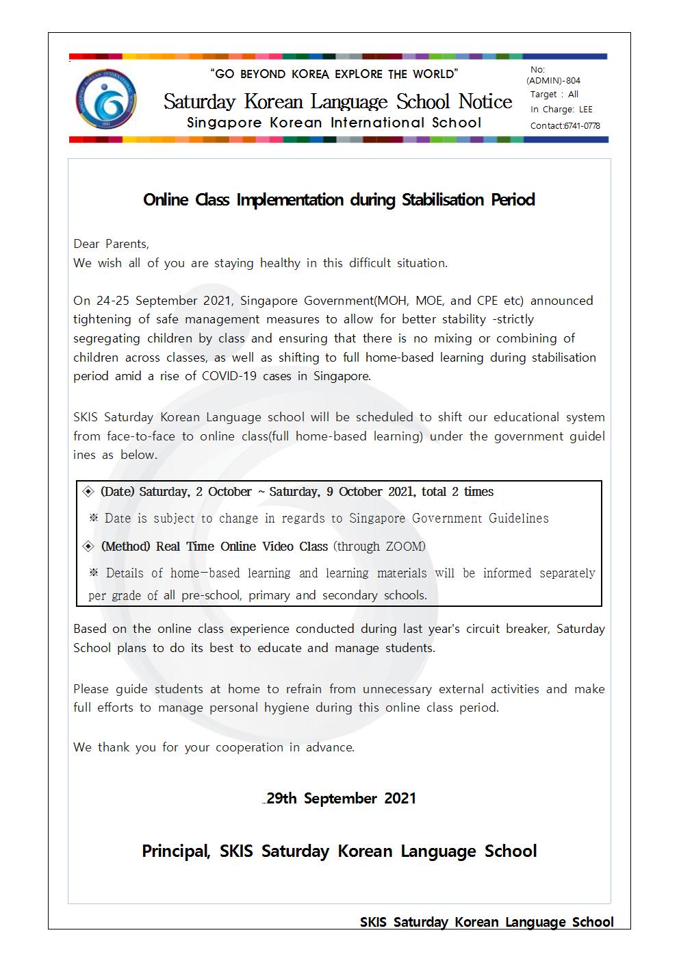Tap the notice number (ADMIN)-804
(x=553, y=81)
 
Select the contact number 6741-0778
(x=582, y=126)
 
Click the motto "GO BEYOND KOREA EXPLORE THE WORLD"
(x=334, y=74)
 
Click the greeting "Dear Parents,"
(x=111, y=244)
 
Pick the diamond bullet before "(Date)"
(x=88, y=492)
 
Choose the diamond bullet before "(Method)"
(x=88, y=547)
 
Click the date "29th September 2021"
(x=341, y=799)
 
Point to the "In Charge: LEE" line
(x=561, y=110)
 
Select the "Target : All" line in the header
(x=554, y=95)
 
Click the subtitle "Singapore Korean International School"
(x=334, y=123)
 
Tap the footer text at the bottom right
(x=487, y=923)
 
